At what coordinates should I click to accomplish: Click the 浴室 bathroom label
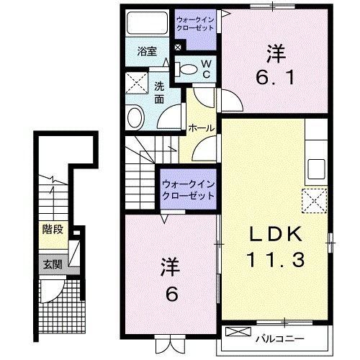click(x=146, y=51)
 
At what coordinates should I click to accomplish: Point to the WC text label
click(x=204, y=69)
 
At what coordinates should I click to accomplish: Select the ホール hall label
click(x=200, y=127)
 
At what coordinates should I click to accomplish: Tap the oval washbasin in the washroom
click(x=135, y=116)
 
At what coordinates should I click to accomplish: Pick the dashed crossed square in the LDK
click(x=315, y=199)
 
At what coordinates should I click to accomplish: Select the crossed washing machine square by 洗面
click(x=134, y=84)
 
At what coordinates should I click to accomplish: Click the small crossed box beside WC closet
click(x=179, y=48)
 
